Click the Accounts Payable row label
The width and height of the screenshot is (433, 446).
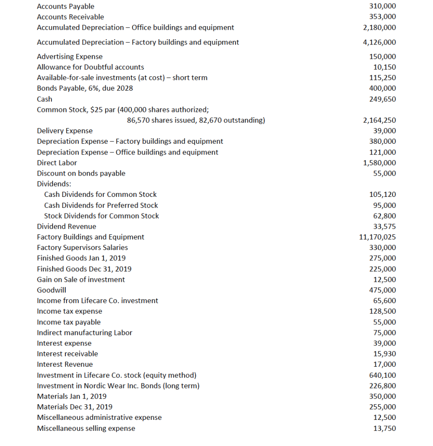pyautogui.click(x=66, y=7)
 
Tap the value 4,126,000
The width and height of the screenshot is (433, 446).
pyautogui.click(x=379, y=42)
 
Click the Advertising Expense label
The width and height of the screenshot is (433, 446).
pyautogui.click(x=70, y=57)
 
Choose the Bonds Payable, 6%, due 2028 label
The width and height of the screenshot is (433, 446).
pyautogui.click(x=85, y=88)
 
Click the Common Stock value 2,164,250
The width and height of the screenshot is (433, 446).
pyautogui.click(x=379, y=120)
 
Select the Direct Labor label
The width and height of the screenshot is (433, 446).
pyautogui.click(x=57, y=162)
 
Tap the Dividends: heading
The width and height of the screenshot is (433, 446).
pyautogui.click(x=51, y=184)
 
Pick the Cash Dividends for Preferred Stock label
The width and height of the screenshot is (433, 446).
pyautogui.click(x=101, y=205)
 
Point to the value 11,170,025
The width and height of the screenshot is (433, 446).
pyautogui.click(x=377, y=237)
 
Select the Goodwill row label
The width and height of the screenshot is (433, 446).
pyautogui.click(x=52, y=290)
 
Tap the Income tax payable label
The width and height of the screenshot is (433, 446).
pyautogui.click(x=69, y=322)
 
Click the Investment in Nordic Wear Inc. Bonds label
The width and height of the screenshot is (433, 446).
pyautogui.click(x=118, y=385)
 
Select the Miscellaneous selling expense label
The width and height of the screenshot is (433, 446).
pyautogui.click(x=86, y=428)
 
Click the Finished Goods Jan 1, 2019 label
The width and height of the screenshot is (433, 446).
pyautogui.click(x=81, y=258)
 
